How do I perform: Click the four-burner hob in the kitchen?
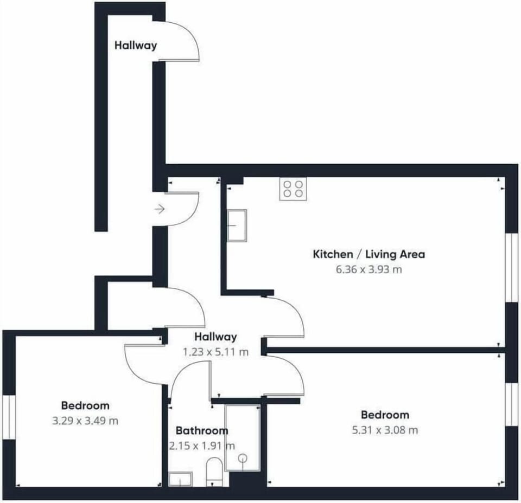[x=293, y=189]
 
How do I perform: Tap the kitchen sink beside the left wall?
[x=237, y=225]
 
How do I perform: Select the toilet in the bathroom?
[x=214, y=472]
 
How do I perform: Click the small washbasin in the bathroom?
[x=180, y=480]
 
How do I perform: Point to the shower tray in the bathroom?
[x=243, y=437]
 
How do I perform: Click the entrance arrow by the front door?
[x=160, y=209]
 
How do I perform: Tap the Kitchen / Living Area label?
[x=369, y=254]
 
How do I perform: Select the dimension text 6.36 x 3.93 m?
[x=369, y=269]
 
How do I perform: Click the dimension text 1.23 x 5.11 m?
[x=215, y=352]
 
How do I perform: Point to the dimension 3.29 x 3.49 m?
[x=85, y=421]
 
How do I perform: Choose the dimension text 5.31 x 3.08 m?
[x=385, y=430]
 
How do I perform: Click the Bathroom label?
[x=202, y=431]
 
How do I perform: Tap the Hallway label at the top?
[x=136, y=45]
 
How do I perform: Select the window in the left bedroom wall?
[x=9, y=417]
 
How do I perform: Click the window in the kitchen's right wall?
[x=512, y=267]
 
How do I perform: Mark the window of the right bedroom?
[x=512, y=404]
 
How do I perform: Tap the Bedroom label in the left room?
[x=85, y=405]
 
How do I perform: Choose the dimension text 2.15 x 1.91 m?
[x=202, y=446]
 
